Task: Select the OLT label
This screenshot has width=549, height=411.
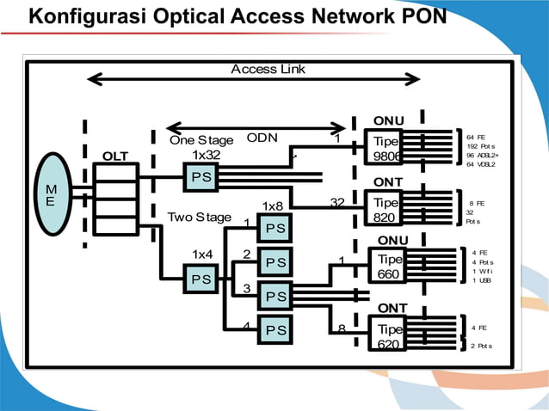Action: pos(115,156)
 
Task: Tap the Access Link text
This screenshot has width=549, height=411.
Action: pos(268,69)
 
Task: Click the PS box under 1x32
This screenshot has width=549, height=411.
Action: pos(200,177)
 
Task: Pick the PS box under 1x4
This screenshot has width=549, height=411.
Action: pos(200,279)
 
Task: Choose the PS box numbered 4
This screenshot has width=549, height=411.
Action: pos(275,329)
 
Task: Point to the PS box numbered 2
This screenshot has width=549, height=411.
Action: pos(275,261)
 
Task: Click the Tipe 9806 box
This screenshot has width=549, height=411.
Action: pos(385,149)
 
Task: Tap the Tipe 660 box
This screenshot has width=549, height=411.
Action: pos(389,267)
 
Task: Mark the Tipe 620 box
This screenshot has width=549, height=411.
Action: pos(389,336)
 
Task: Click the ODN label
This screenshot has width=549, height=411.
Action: pos(262,138)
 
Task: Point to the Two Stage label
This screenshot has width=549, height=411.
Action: pos(200,218)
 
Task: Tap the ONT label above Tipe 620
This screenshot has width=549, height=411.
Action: pos(392,308)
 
